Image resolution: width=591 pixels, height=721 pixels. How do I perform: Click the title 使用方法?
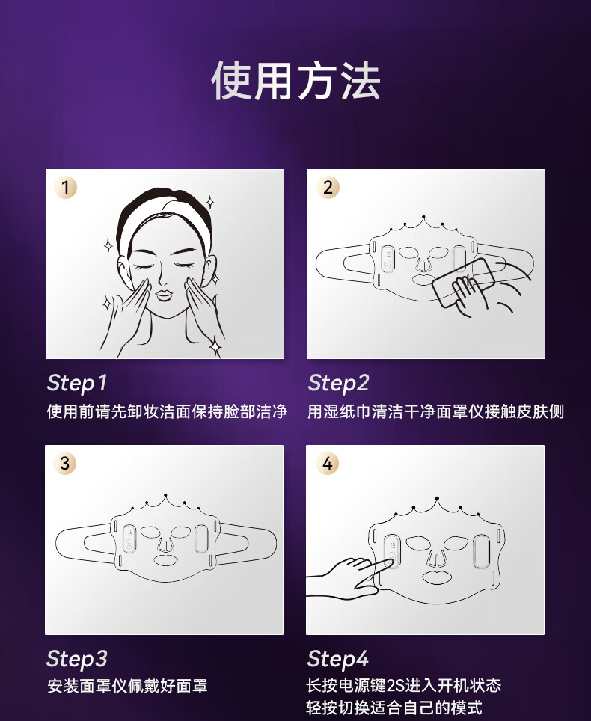(x=295, y=82)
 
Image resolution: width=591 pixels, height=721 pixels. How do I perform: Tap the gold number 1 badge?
(x=65, y=188)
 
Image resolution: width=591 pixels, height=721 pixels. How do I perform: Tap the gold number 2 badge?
(x=328, y=188)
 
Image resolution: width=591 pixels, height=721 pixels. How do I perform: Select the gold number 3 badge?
(x=65, y=463)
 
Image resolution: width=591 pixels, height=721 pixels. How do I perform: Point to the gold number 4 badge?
(x=327, y=463)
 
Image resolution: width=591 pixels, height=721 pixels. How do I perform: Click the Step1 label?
(x=77, y=383)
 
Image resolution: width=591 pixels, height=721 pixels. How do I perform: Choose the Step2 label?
(x=338, y=383)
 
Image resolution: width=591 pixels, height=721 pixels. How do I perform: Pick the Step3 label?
(x=77, y=659)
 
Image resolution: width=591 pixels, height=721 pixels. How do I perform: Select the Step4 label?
(x=338, y=659)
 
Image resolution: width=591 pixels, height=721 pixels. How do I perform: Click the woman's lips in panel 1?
(x=164, y=294)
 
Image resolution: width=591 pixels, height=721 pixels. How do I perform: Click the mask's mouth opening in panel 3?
(x=165, y=559)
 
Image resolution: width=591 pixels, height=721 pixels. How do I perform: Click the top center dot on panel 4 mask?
(x=436, y=499)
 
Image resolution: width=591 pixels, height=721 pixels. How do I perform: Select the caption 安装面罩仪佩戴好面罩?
(x=127, y=686)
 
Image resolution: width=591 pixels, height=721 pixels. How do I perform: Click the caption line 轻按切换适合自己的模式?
(x=394, y=708)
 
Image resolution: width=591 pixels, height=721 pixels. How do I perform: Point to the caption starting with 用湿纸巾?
(x=435, y=411)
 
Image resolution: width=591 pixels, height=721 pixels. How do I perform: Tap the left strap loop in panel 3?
(x=84, y=544)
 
